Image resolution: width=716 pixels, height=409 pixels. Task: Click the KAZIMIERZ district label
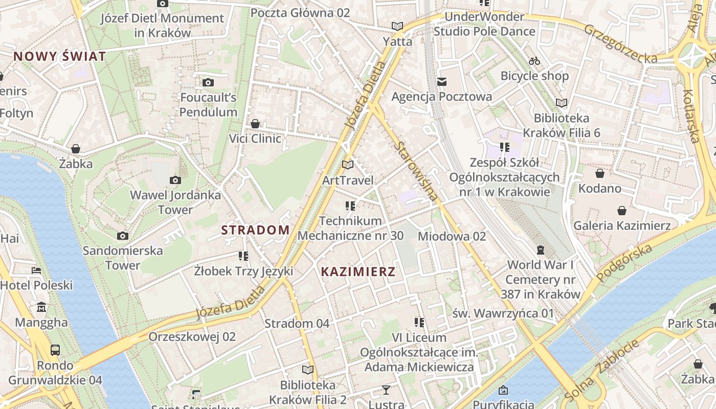[x=358, y=272]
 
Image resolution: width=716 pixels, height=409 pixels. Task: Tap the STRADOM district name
[x=255, y=230]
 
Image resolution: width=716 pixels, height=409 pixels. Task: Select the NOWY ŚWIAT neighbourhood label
[x=60, y=56]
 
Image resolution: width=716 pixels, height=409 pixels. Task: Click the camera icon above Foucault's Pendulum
[x=208, y=82]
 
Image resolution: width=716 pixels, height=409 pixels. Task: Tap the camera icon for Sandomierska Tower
[x=122, y=236]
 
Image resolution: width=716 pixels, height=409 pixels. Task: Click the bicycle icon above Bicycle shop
[x=534, y=61]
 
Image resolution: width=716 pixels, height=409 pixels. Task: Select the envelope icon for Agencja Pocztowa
[x=442, y=81]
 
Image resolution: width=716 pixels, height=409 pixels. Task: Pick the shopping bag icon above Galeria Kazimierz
[x=622, y=211]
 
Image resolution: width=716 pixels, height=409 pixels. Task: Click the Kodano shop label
[x=599, y=188]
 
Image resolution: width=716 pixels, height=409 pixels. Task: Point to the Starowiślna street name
[x=417, y=171]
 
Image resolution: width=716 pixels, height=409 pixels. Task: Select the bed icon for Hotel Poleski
[x=36, y=270]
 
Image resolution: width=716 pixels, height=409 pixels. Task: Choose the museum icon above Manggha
[x=41, y=307]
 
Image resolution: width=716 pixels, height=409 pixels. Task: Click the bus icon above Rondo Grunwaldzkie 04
[x=55, y=350]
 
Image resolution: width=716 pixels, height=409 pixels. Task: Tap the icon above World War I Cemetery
[x=541, y=250]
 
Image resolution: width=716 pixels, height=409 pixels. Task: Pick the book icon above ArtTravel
[x=348, y=165]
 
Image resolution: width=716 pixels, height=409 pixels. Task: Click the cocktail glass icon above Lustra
[x=386, y=390]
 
